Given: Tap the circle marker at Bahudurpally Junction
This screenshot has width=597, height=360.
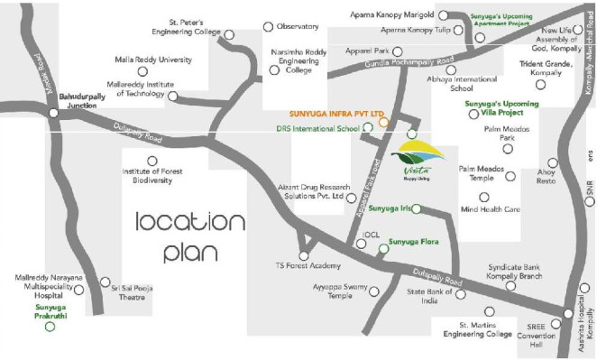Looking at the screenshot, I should coord(54,113).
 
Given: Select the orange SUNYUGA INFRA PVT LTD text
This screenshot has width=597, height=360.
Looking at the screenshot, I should coord(336,115).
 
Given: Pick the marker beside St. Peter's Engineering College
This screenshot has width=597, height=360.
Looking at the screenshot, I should coord(229,35).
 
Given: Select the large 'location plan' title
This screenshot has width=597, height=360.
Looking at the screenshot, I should coord(189,235).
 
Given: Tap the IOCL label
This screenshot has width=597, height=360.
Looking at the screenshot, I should coord(372,235).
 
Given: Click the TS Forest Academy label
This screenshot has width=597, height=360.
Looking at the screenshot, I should coord(308,266).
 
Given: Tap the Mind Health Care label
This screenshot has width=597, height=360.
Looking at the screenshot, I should coord(491,209).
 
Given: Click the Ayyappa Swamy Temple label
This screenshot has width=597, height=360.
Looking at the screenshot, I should coord(339,291).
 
